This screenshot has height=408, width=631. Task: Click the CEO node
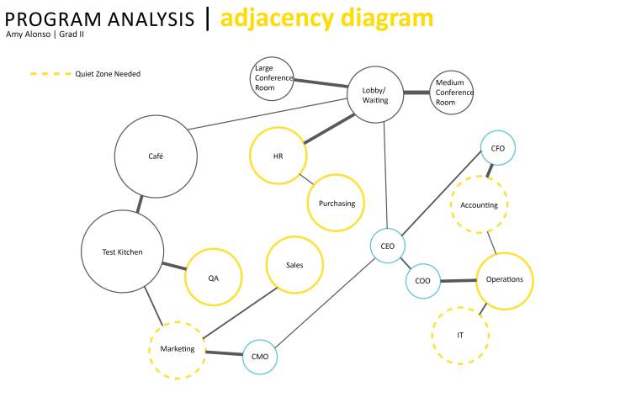388,246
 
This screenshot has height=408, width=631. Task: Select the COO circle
423,282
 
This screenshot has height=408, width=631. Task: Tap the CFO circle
497,148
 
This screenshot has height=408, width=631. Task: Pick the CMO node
260,357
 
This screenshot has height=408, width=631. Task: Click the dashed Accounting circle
480,205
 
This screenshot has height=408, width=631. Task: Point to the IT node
460,336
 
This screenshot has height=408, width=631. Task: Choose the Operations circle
505,280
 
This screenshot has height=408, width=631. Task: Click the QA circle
214,278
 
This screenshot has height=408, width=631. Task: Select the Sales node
294,265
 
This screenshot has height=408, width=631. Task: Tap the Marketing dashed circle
178,349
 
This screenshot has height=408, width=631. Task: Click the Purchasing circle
337,204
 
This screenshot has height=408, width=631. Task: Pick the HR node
278,156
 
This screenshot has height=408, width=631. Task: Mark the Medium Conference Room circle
452,93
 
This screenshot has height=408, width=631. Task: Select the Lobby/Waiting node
375,95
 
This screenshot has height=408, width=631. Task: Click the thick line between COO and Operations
459,281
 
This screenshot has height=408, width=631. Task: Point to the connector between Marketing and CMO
224,352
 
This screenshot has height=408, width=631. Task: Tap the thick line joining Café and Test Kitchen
140,204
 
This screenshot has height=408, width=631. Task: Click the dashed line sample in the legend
51,74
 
